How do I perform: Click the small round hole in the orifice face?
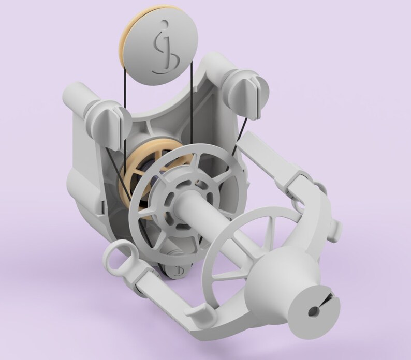tap(313, 311)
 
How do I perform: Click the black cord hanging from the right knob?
tap(241, 134)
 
